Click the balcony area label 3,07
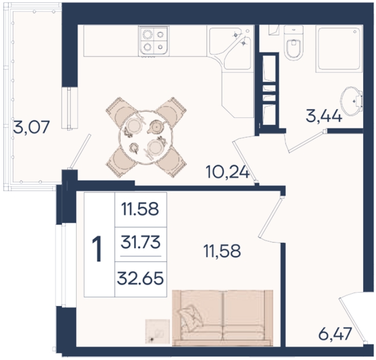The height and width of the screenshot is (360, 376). [x=31, y=127]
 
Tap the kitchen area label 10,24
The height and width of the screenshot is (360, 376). [x=228, y=172]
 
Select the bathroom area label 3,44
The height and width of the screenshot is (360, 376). [x=324, y=116]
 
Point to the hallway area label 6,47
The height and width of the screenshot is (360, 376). [x=335, y=334]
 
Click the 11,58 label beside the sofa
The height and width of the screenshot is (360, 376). [x=222, y=251]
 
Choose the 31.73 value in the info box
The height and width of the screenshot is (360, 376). [x=141, y=242]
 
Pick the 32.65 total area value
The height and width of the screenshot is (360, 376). [x=141, y=278]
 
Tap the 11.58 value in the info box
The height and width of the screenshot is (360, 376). [x=140, y=209]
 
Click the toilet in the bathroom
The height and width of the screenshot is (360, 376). [x=293, y=43]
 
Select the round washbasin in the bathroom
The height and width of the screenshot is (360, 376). [x=351, y=101]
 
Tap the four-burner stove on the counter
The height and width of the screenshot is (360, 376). [x=154, y=41]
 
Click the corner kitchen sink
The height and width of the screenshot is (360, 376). [x=230, y=47]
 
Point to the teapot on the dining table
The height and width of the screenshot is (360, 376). [x=156, y=127]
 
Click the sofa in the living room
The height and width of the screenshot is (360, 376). [x=222, y=318]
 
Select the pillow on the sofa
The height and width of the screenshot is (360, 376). [x=191, y=316]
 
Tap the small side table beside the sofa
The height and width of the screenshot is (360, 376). [x=158, y=331]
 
